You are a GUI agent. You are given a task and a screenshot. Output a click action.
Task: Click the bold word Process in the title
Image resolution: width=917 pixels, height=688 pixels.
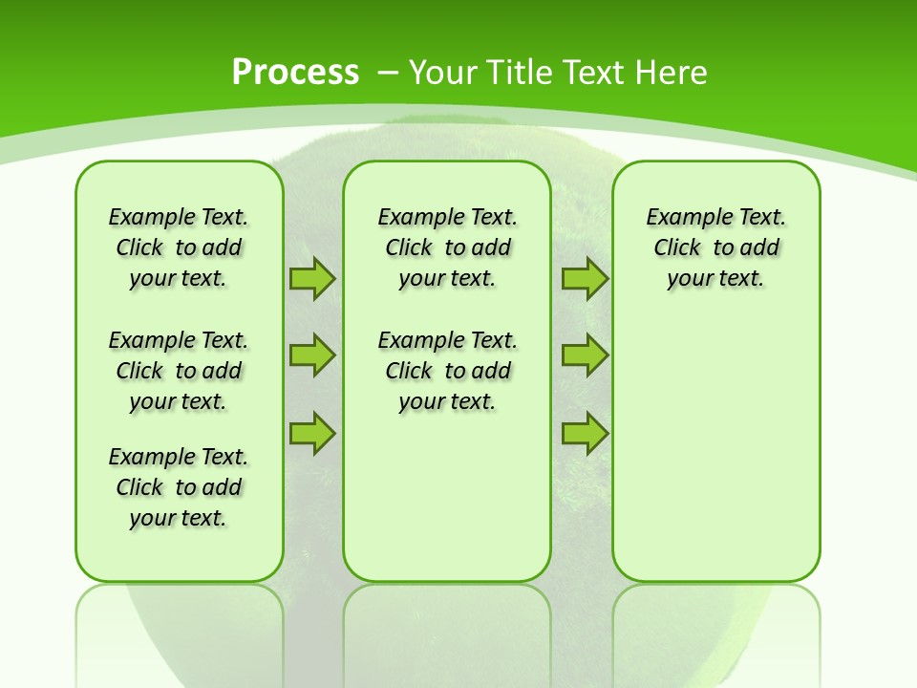pyautogui.click(x=295, y=72)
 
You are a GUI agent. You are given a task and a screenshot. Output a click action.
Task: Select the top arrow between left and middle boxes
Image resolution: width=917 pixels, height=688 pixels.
pyautogui.click(x=312, y=278)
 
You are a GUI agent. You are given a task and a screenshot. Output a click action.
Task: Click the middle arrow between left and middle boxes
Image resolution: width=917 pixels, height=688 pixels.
pyautogui.click(x=312, y=355)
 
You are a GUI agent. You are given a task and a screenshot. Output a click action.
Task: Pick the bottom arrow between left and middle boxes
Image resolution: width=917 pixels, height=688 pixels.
pyautogui.click(x=312, y=434)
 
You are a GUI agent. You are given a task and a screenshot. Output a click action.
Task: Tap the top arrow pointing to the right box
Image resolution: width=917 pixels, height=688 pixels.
pyautogui.click(x=585, y=278)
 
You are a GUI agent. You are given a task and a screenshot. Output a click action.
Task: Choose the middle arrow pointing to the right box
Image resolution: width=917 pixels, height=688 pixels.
pyautogui.click(x=585, y=355)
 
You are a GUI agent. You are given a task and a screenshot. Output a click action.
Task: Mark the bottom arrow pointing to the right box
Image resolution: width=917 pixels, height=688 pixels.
pyautogui.click(x=585, y=434)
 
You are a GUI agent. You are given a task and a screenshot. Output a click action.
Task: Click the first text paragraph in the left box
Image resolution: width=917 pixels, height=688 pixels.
pyautogui.click(x=179, y=247)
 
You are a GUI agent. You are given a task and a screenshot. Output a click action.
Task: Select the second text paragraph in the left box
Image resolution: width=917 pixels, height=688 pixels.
pyautogui.click(x=179, y=371)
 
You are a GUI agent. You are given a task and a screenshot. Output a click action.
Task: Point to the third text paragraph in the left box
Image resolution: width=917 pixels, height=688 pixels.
pyautogui.click(x=179, y=487)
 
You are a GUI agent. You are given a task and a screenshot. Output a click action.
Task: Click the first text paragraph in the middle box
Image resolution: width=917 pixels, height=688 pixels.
pyautogui.click(x=447, y=247)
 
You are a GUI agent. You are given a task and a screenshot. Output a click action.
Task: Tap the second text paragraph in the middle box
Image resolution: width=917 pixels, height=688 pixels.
pyautogui.click(x=447, y=371)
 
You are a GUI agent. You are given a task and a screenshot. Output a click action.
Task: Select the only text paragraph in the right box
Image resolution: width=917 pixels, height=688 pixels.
pyautogui.click(x=715, y=247)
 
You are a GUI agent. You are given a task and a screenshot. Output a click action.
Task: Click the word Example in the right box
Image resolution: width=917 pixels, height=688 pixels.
pyautogui.click(x=681, y=217)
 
